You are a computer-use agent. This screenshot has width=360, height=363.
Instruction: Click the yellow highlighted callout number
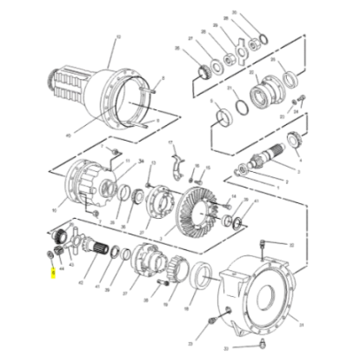pos(54,271)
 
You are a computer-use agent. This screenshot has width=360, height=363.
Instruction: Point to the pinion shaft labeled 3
pos(263,162)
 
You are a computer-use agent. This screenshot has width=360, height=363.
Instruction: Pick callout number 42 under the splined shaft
pos(83,282)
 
